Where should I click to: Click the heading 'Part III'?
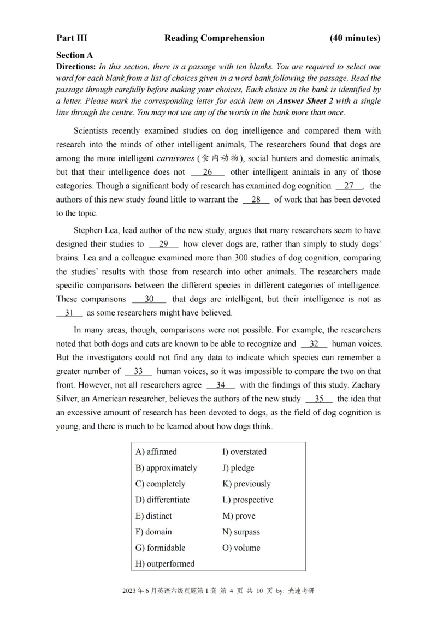(72, 38)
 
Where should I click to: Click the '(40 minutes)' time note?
(355, 38)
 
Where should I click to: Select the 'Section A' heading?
(74, 55)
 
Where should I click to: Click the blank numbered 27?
(349, 186)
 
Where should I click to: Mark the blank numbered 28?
(256, 200)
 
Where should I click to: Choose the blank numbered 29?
(163, 244)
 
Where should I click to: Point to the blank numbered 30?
(149, 299)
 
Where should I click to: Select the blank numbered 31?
(69, 313)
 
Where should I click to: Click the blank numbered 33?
(138, 371)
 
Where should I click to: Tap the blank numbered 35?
(319, 399)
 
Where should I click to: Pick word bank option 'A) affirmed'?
(156, 451)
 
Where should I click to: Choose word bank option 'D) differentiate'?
(162, 500)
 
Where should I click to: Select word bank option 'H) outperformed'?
(164, 563)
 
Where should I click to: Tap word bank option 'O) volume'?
(241, 548)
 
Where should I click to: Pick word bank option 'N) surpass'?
(241, 532)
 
